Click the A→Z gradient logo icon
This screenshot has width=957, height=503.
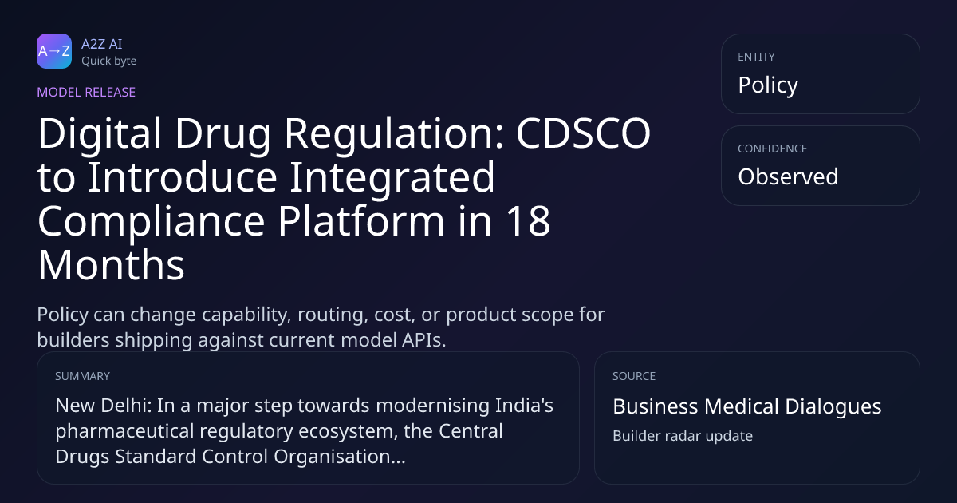(x=54, y=51)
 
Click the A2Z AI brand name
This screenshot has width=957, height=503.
(x=102, y=44)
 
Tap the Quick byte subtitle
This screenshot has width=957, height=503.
(x=109, y=61)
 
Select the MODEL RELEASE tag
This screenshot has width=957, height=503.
(x=86, y=92)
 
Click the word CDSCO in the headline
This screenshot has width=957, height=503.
(x=583, y=133)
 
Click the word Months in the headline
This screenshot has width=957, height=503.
(x=111, y=265)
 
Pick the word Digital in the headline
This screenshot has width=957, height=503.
(x=100, y=133)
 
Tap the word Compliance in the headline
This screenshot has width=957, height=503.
(x=152, y=223)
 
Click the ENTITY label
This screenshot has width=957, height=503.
(x=756, y=57)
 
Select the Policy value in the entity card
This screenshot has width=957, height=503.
(x=768, y=85)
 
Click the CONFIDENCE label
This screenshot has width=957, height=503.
(x=773, y=149)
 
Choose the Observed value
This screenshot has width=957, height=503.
(x=788, y=176)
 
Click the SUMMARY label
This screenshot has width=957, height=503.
(x=82, y=376)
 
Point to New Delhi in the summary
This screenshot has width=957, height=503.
(x=104, y=406)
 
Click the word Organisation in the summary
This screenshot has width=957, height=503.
(x=339, y=457)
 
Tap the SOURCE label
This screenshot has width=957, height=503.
(x=634, y=376)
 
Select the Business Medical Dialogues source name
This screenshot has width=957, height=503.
(x=747, y=406)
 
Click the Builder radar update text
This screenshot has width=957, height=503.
(x=683, y=436)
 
